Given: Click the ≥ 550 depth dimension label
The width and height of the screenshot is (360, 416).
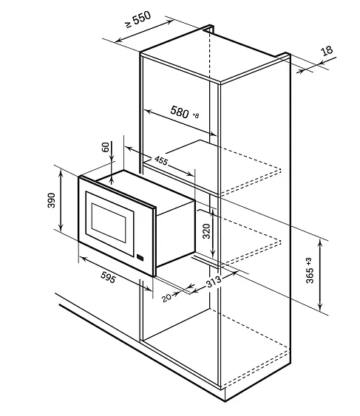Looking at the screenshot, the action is click(x=138, y=19).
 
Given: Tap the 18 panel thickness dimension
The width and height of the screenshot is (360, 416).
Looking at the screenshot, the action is click(x=327, y=50).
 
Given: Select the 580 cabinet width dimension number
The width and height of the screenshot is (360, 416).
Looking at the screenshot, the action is click(x=180, y=112).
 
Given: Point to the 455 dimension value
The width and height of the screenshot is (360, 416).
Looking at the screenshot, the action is click(x=161, y=160).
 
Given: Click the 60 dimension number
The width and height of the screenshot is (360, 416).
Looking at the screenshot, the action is click(x=106, y=147).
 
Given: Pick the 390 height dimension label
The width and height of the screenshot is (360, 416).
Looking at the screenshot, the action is click(x=51, y=200).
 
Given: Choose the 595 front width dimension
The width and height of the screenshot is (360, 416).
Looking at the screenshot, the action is click(x=109, y=278).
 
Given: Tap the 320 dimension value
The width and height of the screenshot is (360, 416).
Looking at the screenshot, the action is click(x=206, y=231).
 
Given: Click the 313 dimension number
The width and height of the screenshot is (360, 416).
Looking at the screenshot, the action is click(x=214, y=282).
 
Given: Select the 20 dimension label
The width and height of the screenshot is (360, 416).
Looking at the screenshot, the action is click(x=166, y=298).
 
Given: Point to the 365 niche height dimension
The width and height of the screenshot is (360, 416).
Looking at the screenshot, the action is click(x=310, y=276).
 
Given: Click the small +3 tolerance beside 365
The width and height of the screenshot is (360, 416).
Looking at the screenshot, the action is click(x=309, y=262).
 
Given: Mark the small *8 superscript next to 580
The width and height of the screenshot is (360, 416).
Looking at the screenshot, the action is click(x=195, y=116).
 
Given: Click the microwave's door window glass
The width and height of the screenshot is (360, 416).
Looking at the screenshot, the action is click(x=109, y=223).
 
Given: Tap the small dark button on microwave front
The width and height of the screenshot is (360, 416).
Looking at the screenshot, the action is click(x=140, y=258).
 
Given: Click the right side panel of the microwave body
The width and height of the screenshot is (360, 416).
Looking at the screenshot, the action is click(x=176, y=233).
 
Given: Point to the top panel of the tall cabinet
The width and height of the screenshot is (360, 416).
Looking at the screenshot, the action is click(x=215, y=55).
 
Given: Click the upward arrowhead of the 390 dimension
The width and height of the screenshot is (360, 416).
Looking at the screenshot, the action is click(x=61, y=172).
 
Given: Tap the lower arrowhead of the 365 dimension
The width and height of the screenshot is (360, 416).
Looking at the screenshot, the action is click(x=320, y=307).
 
